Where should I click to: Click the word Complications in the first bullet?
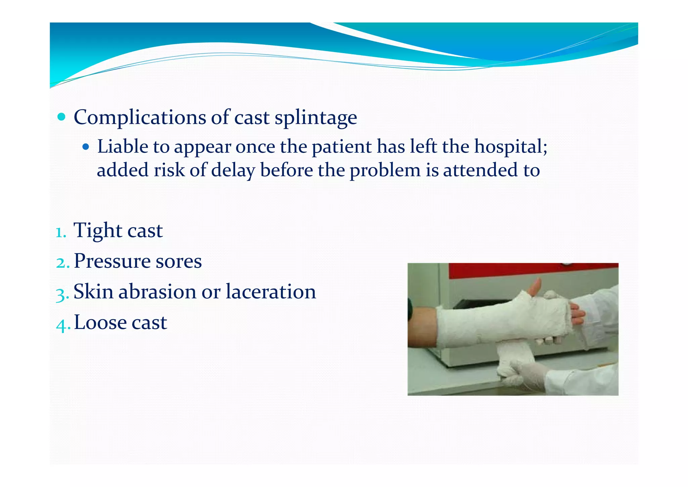tap(140, 118)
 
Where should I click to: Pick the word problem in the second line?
tap(385, 170)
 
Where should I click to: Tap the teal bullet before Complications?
tap(61, 117)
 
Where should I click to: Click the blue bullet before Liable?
tap(86, 147)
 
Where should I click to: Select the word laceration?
tap(271, 292)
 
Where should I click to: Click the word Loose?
tap(100, 322)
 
